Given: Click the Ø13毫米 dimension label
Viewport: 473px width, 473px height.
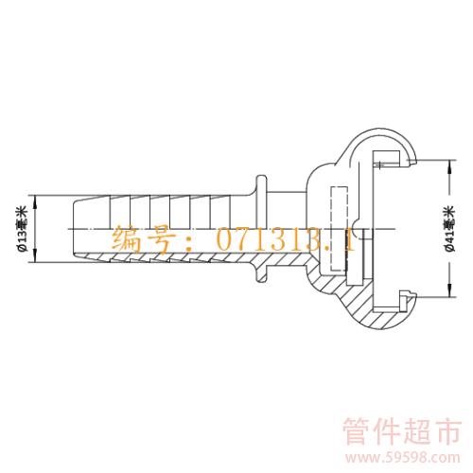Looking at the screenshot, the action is coord(24,229).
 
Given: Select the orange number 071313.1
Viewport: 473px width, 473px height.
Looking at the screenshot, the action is coord(286,238).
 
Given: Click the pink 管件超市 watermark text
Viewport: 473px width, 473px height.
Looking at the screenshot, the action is coord(402,431).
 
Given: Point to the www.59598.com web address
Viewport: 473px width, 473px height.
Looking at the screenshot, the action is coord(402,458).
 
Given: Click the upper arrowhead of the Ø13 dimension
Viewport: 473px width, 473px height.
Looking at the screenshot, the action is coord(35,201).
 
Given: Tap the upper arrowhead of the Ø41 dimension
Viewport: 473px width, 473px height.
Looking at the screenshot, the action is coord(450,166).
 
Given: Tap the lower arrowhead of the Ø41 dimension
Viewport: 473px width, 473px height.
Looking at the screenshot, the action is coord(450,290).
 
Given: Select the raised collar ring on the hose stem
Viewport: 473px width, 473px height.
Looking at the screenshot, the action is coord(261,229).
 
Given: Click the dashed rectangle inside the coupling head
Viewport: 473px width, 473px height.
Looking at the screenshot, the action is coord(339,229).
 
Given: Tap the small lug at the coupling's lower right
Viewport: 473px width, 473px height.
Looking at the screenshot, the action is coord(408,301).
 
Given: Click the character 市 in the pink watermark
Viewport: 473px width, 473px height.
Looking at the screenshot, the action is coord(448,431).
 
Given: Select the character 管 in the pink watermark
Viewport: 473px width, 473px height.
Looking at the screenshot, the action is coord(357,431).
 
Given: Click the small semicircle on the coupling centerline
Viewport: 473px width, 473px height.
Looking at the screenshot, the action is coord(357,229).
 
